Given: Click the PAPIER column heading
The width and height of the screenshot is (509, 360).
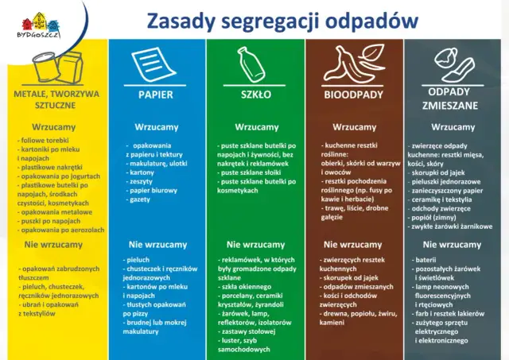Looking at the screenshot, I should click(x=156, y=95).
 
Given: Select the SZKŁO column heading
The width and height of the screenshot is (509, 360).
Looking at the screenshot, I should click(x=256, y=95).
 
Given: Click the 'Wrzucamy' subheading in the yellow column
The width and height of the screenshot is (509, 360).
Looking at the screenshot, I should click(x=53, y=127).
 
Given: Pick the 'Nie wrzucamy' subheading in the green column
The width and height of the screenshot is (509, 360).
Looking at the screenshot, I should click(x=255, y=245).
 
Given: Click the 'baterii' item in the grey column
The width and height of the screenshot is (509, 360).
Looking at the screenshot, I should click(x=425, y=260).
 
